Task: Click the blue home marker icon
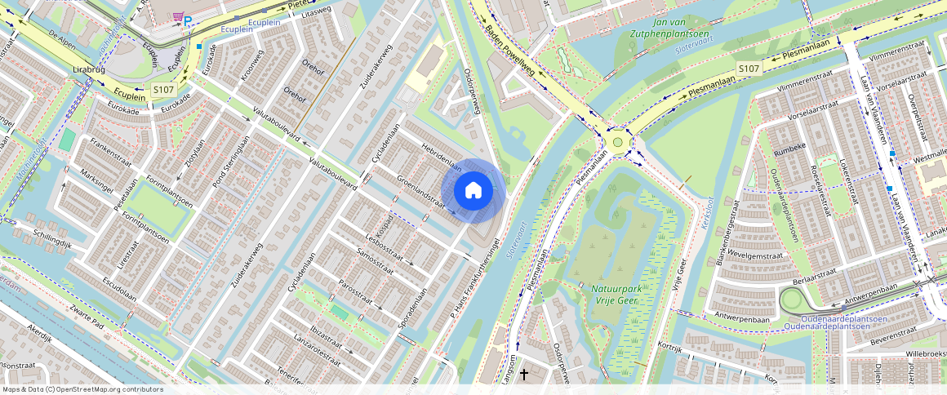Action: pos(473,191)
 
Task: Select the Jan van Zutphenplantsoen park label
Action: pos(669,29)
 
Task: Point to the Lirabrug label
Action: pos(91,71)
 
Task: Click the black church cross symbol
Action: pos(524,374)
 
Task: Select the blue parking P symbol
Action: pos(188,21)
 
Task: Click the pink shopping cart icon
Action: pos(176,16)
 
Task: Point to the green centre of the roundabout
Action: pos(617,142)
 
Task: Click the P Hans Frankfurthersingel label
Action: pos(474,278)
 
